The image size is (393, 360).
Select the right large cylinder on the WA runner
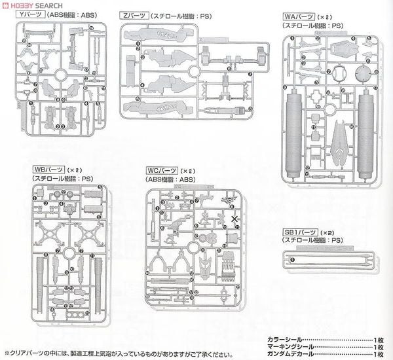pyautogui.click(x=364, y=124)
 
